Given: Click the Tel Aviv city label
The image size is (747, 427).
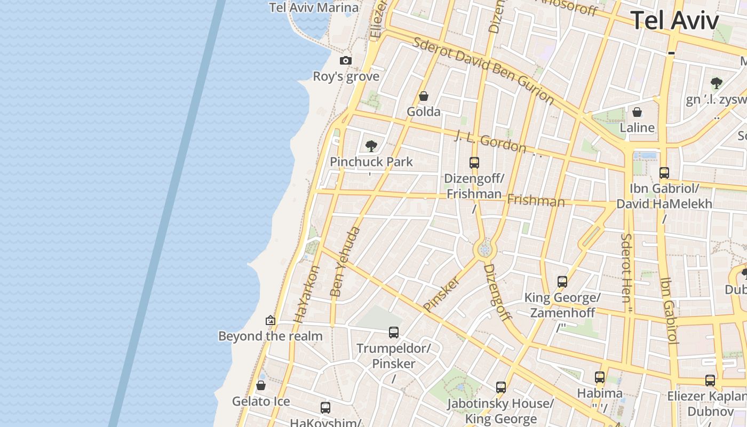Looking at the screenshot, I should click(675, 20).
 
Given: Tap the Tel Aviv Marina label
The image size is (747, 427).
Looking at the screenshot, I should click(314, 7).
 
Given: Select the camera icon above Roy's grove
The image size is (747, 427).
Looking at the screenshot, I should click(346, 61).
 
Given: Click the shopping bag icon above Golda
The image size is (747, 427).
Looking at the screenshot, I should click(424, 97).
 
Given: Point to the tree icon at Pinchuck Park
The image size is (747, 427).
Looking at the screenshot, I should click(371, 146).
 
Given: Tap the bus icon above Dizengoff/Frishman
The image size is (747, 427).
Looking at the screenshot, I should click(474, 163).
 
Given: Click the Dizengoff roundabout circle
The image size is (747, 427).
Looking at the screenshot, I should click(484, 249).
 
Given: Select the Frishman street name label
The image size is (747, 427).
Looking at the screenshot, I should click(536, 201).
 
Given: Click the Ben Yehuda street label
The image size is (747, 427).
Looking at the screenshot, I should click(345, 262).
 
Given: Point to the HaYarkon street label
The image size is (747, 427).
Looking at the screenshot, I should click(307, 294).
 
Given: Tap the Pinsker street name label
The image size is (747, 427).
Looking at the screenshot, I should click(441, 294).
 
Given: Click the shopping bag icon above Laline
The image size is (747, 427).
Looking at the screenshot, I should click(637, 113).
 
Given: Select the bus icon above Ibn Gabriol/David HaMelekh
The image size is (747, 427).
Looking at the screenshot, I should click(664, 173).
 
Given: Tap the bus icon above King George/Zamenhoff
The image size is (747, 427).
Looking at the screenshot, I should click(562, 282).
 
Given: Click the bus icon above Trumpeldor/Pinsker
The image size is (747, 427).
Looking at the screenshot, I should click(394, 333).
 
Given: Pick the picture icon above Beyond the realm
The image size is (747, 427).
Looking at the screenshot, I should click(271, 321).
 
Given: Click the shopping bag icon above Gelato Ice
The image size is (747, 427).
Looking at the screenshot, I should click(261, 385).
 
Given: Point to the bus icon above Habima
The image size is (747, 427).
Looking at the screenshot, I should click(600, 377).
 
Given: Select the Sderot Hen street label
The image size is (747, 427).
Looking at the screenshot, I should click(627, 267).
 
